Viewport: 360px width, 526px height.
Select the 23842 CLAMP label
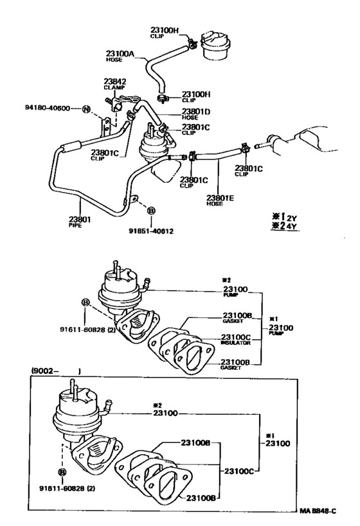pos(115,85)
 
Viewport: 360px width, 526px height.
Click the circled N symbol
pos(86,110)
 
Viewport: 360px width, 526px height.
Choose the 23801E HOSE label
pos(220,201)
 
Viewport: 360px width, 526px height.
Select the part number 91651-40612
pos(152,231)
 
